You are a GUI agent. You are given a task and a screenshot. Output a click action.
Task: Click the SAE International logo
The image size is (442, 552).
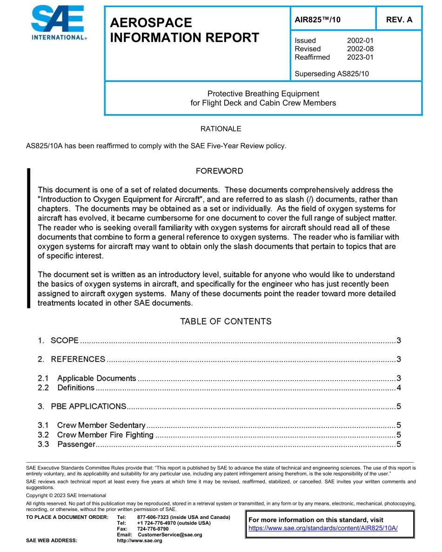point(57,23)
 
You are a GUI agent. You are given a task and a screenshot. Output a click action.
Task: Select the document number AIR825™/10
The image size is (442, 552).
point(318,20)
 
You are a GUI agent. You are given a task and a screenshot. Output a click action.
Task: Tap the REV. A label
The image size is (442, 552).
point(399,20)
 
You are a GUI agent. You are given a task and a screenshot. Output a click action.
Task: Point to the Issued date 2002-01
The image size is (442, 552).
point(360,41)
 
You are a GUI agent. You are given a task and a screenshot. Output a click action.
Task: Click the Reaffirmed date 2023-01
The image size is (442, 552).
point(360,57)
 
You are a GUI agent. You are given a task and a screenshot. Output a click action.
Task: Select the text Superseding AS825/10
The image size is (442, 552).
point(332,74)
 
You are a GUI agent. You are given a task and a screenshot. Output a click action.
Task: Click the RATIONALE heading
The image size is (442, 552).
point(221,129)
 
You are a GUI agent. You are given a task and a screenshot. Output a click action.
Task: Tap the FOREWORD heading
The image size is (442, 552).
point(220,171)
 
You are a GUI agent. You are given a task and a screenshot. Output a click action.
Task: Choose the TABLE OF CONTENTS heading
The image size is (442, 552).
point(226,321)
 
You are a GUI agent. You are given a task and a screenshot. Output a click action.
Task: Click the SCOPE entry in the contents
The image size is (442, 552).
point(64,341)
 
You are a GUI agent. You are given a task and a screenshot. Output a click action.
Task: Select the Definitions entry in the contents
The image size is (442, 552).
point(76,388)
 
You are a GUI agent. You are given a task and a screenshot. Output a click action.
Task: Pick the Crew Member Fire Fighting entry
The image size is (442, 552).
point(105,435)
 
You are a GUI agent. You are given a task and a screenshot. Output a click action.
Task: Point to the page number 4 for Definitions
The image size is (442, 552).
point(399,388)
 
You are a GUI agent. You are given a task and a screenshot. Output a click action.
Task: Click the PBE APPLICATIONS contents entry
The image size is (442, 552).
point(88,406)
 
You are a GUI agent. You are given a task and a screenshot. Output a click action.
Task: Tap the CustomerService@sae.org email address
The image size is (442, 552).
point(169,535)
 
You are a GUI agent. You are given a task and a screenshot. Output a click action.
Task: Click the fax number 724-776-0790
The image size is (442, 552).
point(153,529)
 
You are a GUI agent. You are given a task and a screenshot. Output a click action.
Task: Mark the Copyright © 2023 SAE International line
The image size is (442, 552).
point(66,496)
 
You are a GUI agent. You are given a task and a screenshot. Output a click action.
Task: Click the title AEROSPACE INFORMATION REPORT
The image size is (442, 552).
point(184,30)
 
